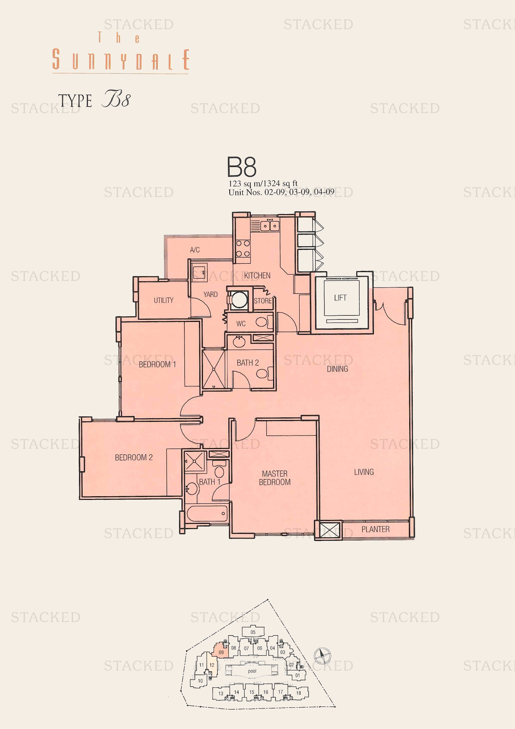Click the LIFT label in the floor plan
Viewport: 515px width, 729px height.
click(x=340, y=298)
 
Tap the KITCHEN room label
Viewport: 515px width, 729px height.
click(x=257, y=275)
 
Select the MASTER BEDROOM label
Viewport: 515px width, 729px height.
click(x=275, y=478)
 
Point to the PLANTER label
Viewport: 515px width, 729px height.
click(x=376, y=529)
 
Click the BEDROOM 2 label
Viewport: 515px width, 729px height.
click(x=134, y=457)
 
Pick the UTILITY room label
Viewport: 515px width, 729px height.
click(x=164, y=300)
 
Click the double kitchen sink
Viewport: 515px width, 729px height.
click(x=270, y=226)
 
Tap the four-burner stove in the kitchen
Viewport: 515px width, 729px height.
click(x=243, y=249)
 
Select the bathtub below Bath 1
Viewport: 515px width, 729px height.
click(x=207, y=513)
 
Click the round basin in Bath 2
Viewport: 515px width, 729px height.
click(x=239, y=342)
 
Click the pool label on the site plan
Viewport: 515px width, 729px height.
click(x=252, y=671)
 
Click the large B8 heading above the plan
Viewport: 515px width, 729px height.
click(x=242, y=167)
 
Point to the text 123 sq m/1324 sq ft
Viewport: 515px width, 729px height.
click(x=263, y=183)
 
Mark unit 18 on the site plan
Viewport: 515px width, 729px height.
click(x=298, y=693)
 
